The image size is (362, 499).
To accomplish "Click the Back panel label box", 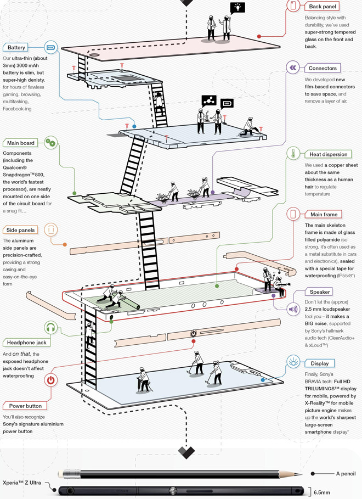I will [x=323, y=7].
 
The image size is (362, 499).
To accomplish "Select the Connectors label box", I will [x=322, y=68].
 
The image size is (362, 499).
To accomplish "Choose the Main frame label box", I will [x=323, y=214].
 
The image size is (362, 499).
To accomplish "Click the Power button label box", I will [x=26, y=406].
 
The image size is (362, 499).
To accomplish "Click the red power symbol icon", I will [x=50, y=380].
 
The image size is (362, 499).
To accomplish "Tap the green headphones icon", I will [x=50, y=328].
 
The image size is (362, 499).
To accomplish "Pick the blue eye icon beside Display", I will [x=293, y=362].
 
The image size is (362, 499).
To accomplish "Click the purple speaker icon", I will [x=293, y=308].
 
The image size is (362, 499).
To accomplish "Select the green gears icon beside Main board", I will [x=50, y=143].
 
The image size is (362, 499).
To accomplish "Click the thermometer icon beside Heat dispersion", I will [x=293, y=154].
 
